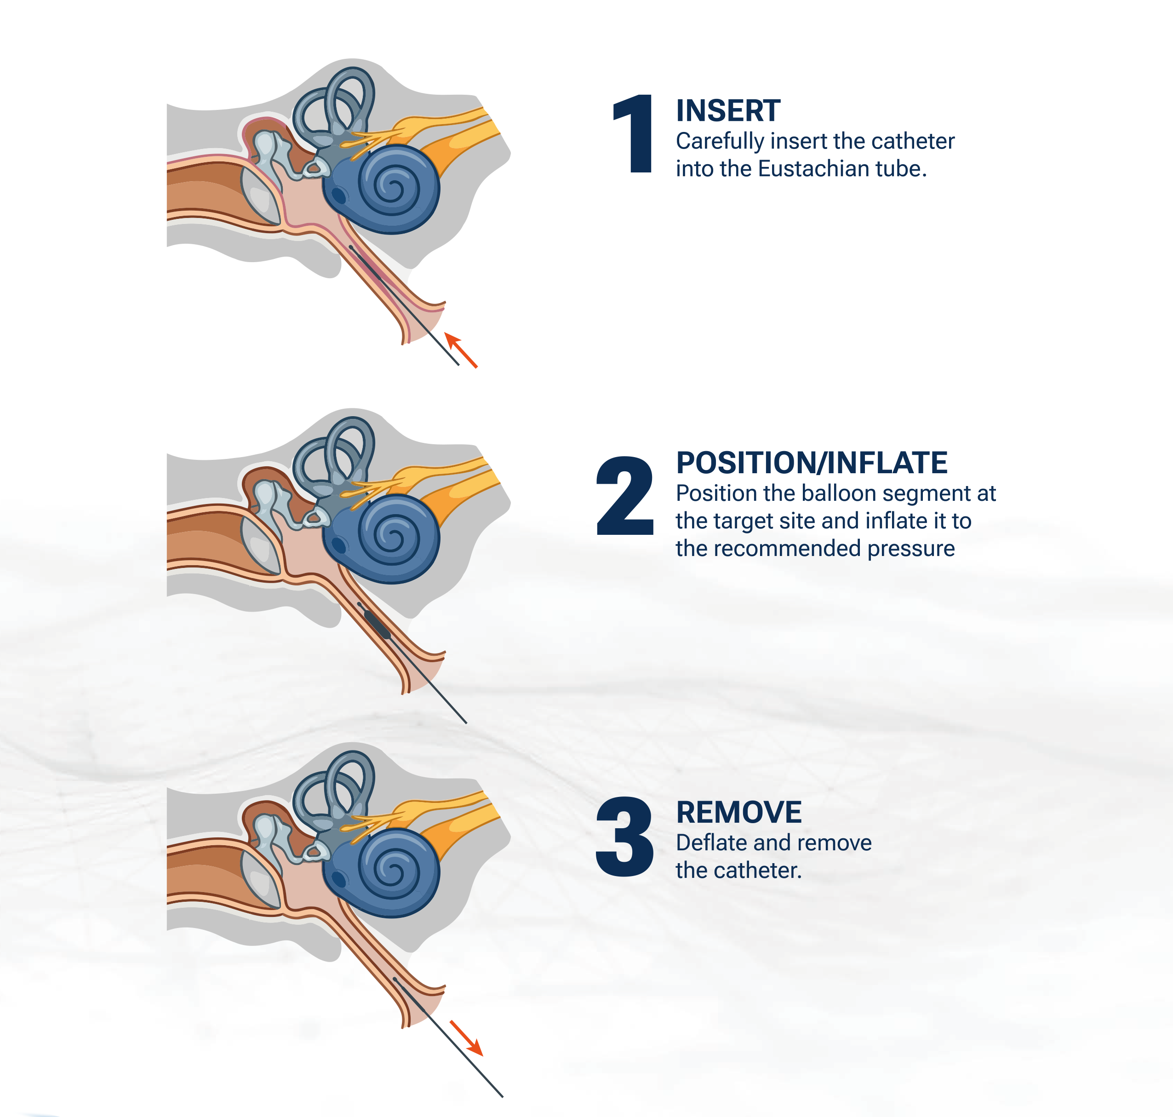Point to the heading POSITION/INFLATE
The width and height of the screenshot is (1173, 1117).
pyautogui.click(x=812, y=463)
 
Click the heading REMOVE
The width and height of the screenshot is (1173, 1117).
pyautogui.click(x=739, y=812)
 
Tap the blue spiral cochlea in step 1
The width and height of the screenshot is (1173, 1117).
pyautogui.click(x=382, y=188)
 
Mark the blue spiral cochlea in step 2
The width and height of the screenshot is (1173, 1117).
pyautogui.click(x=382, y=538)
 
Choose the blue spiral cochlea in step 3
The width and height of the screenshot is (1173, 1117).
pyautogui.click(x=382, y=872)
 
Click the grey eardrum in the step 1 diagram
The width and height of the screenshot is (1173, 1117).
pyautogui.click(x=260, y=195)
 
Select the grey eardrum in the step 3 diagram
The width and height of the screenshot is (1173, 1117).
pyautogui.click(x=260, y=879)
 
